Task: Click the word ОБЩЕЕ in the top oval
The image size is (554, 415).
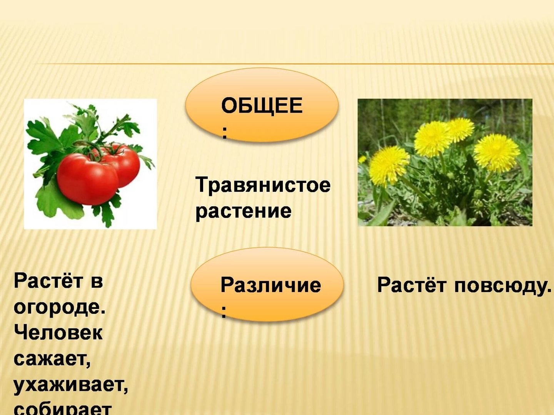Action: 262,106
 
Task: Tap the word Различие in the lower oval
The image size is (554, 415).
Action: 271,285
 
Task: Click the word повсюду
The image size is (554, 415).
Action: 503,286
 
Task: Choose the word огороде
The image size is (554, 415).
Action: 59,308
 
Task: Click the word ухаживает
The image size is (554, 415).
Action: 71,386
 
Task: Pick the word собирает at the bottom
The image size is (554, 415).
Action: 63,410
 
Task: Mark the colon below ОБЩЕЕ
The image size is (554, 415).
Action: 224,133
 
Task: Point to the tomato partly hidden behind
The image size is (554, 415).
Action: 123,164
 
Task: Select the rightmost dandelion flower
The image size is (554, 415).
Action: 496,153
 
